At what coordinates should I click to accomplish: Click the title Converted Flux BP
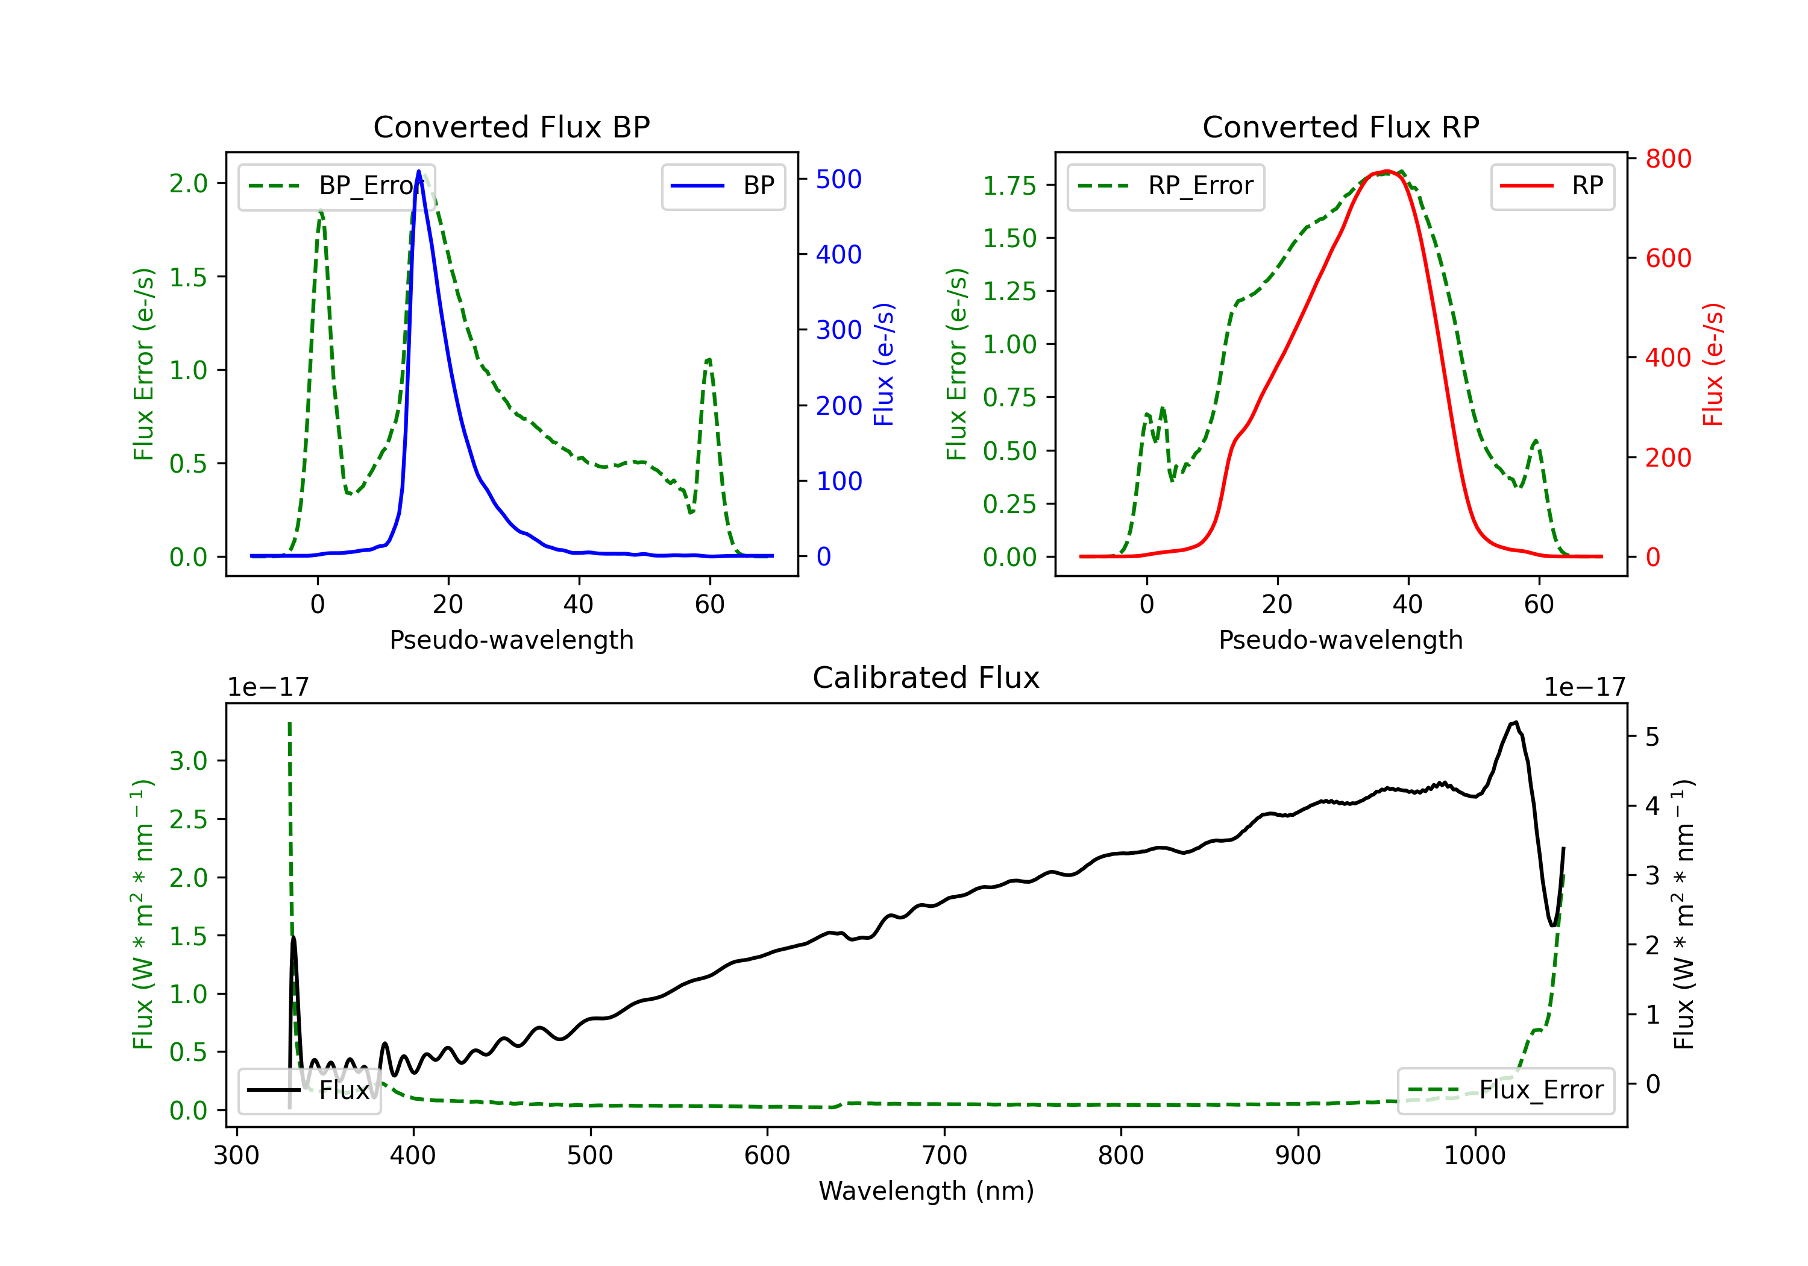pyautogui.click(x=511, y=127)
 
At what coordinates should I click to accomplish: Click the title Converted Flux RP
pyautogui.click(x=1340, y=127)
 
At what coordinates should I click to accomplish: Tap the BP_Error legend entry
pyautogui.click(x=337, y=186)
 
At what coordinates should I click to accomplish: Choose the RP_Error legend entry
pyautogui.click(x=1166, y=186)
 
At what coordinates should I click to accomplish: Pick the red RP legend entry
pyautogui.click(x=1552, y=186)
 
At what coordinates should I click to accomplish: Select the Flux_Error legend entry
pyautogui.click(x=1505, y=1091)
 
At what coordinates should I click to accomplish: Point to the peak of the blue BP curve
pyautogui.click(x=419, y=171)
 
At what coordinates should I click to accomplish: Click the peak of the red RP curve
pyautogui.click(x=1387, y=171)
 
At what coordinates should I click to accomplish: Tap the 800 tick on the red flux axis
pyautogui.click(x=1668, y=159)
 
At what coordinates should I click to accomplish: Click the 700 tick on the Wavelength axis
pyautogui.click(x=944, y=1156)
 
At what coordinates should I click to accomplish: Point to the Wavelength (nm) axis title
pyautogui.click(x=926, y=1191)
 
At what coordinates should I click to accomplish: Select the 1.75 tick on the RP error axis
pyautogui.click(x=1009, y=186)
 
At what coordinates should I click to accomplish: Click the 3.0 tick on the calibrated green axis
pyautogui.click(x=188, y=761)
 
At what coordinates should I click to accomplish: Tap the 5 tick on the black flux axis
pyautogui.click(x=1652, y=737)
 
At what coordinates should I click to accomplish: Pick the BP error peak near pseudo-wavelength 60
pyautogui.click(x=709, y=360)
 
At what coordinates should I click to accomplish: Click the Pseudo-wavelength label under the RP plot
pyautogui.click(x=1340, y=640)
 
